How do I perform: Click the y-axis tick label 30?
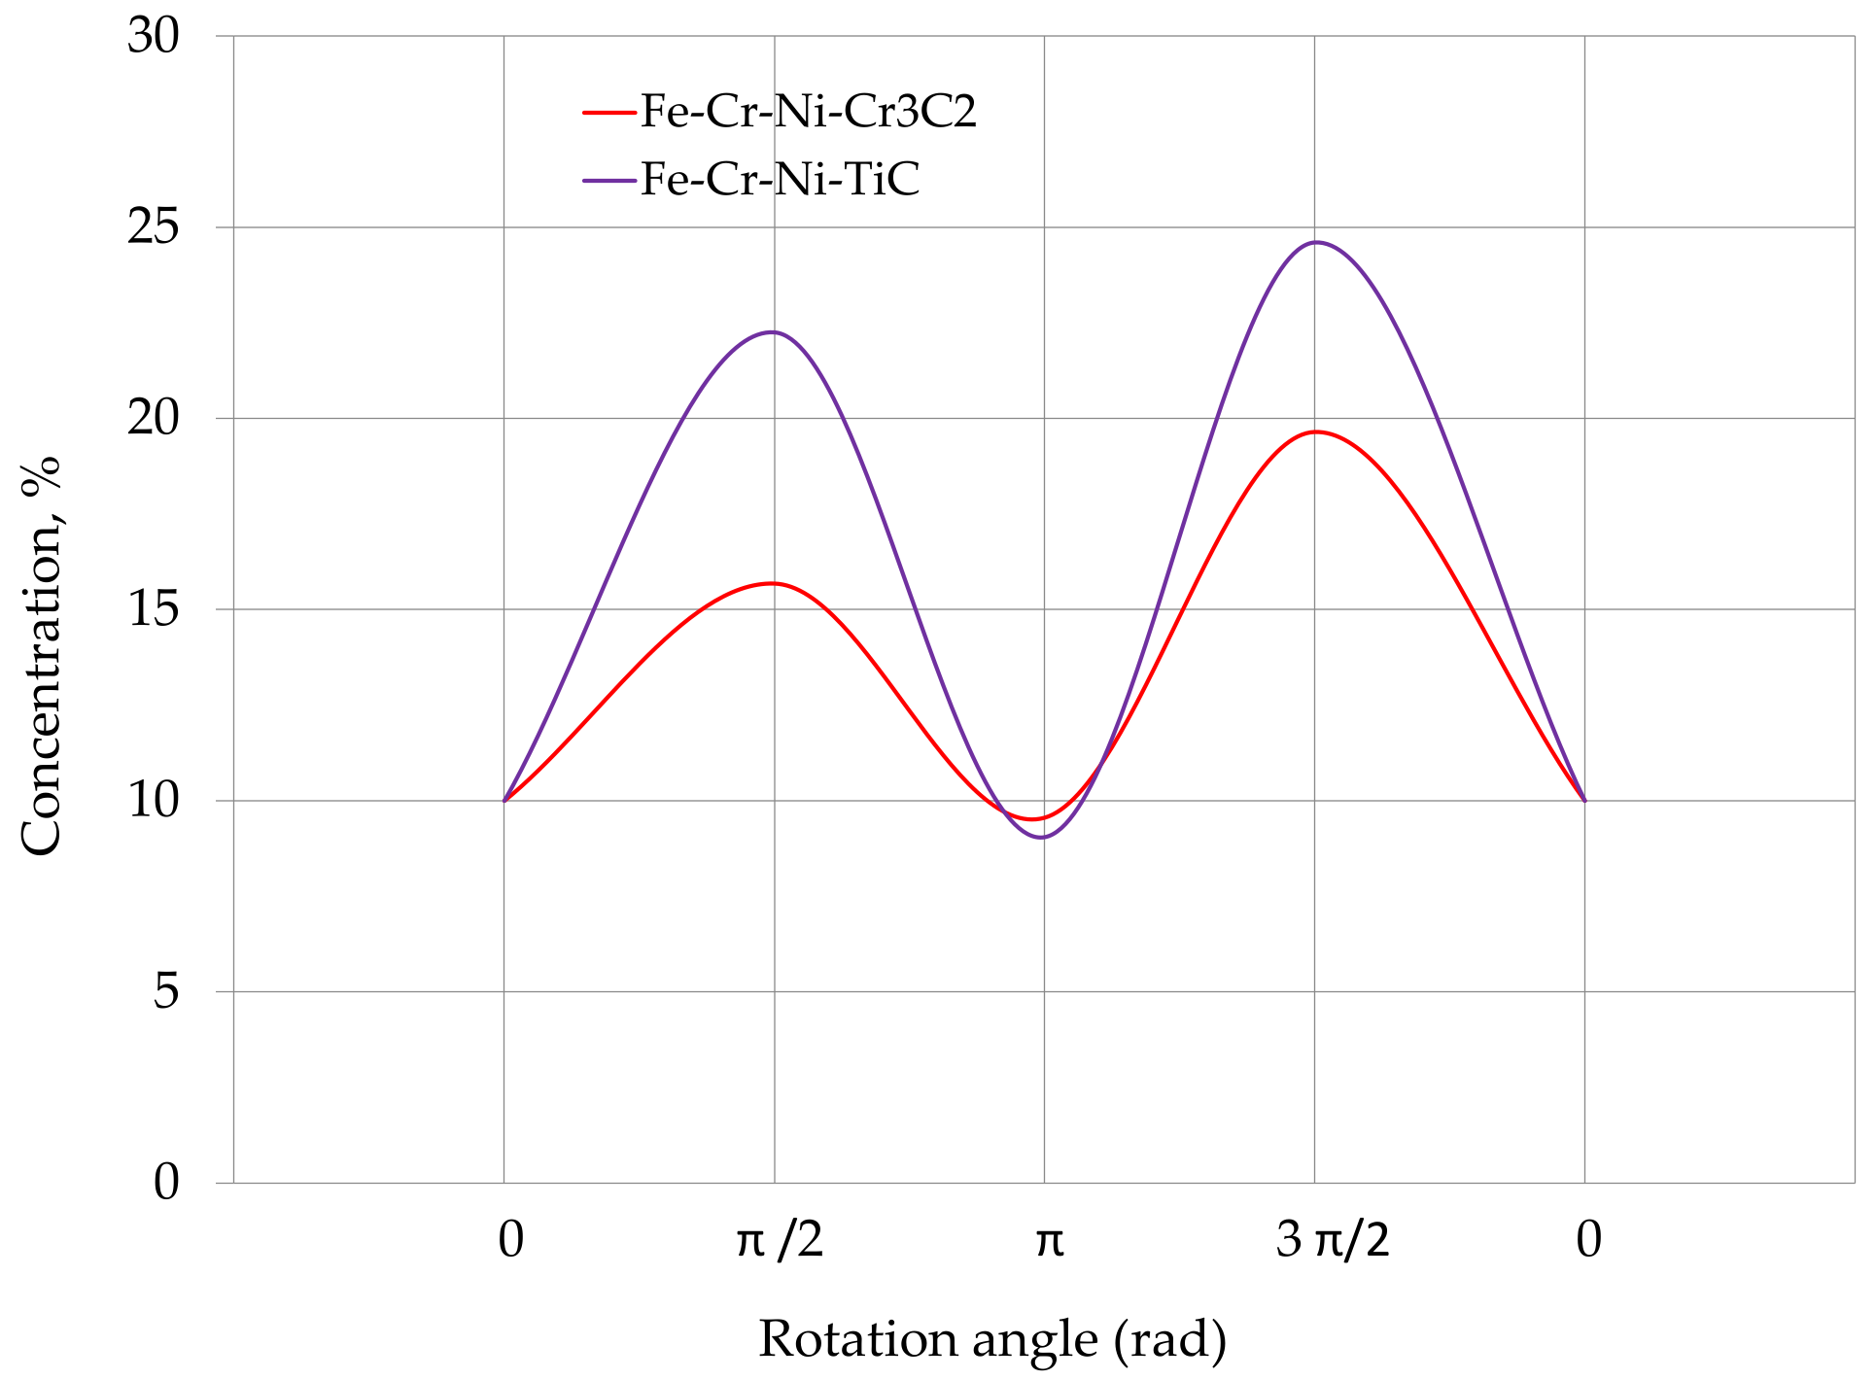[154, 37]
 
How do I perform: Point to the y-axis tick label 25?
[154, 228]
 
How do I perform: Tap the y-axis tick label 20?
[154, 419]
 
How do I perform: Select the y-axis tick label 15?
[154, 610]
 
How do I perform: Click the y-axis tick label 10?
[154, 801]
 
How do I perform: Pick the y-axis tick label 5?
[166, 992]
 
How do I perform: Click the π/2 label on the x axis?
[780, 1241]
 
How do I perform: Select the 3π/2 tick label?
[1333, 1241]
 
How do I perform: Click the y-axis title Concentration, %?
[41, 656]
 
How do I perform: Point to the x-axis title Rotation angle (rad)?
[991, 1339]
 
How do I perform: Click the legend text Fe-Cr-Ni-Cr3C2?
[808, 112]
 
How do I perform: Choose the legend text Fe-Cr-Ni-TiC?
[780, 180]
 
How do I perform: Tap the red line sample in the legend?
[608, 113]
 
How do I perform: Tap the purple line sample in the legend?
[608, 181]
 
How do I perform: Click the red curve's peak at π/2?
[773, 583]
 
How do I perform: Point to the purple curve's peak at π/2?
[773, 332]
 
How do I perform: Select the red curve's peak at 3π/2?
[1316, 431]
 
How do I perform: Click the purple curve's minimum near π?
[1042, 837]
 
